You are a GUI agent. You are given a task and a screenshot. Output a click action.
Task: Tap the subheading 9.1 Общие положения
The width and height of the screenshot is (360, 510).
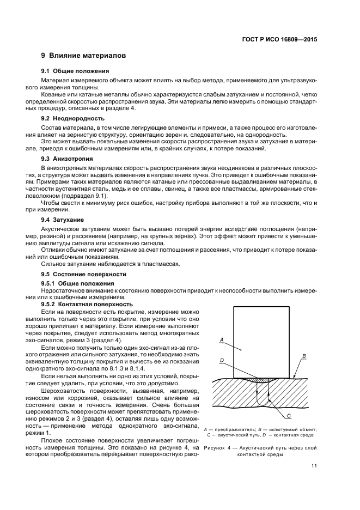coord(75,71)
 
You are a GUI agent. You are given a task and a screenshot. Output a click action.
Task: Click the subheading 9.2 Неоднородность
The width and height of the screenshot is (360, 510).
coord(73,118)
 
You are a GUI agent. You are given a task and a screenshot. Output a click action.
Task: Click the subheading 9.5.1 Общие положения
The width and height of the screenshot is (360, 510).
coord(78,283)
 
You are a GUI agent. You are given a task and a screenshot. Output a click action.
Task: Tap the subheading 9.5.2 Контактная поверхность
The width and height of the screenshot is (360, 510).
coord(87,304)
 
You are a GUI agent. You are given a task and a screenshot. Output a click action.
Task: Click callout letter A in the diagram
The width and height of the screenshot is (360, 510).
coord(221,340)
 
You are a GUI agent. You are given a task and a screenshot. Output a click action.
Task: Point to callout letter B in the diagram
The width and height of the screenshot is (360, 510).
coord(304,355)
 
